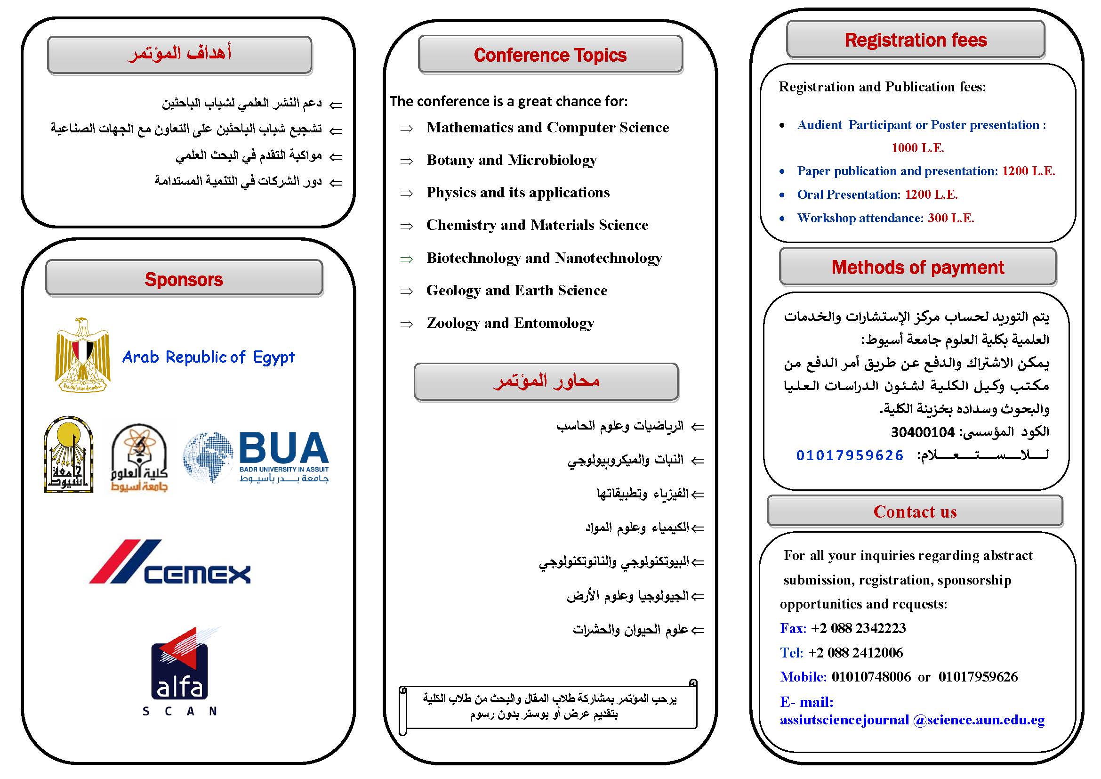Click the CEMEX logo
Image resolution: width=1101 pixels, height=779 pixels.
pos(170,562)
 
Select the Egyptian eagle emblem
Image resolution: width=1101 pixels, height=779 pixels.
pos(82,355)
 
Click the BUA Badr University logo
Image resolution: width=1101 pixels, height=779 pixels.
pos(256,457)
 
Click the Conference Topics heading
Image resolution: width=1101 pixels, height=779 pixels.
pos(550,55)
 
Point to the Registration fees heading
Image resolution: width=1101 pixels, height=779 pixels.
pos(916,40)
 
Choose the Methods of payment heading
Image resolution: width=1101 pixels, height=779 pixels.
pos(917,267)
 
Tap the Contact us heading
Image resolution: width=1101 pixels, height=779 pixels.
pos(915,511)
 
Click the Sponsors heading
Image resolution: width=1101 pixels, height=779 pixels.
pos(184,279)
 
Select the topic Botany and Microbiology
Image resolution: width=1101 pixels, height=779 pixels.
pos(512,160)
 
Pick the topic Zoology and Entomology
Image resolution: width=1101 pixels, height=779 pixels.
pos(510,323)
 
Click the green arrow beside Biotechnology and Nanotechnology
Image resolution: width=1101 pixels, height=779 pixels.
pos(407,259)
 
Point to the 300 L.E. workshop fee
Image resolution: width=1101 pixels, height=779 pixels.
pos(951,218)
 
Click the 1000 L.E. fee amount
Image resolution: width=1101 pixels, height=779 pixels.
pos(917,148)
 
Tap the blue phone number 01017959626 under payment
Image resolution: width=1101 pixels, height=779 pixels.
pos(850,455)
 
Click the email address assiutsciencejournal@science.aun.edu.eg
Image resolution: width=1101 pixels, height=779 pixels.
pos(912,720)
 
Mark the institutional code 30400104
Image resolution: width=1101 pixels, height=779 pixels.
pos(923,432)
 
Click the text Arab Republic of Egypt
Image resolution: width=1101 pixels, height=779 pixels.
pos(208,357)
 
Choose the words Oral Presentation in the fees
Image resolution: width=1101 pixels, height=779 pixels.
pos(849,195)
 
